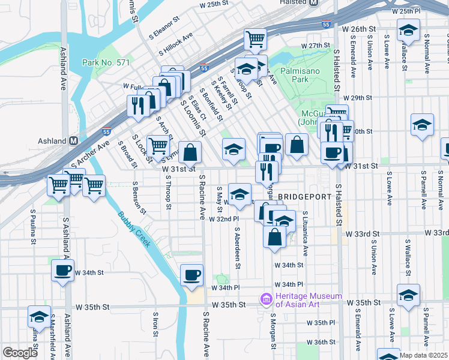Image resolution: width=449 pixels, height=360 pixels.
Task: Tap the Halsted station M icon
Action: [314, 3]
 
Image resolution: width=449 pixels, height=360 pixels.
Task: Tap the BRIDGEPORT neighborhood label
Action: [304, 196]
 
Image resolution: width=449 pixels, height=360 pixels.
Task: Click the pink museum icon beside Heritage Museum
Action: [265, 298]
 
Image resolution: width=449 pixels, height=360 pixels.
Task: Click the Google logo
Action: [20, 353]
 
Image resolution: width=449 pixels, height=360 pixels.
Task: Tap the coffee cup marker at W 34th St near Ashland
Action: [63, 270]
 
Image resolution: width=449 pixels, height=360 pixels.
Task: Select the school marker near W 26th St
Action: [408, 29]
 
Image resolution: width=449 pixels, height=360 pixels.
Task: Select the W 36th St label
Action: [321, 342]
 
